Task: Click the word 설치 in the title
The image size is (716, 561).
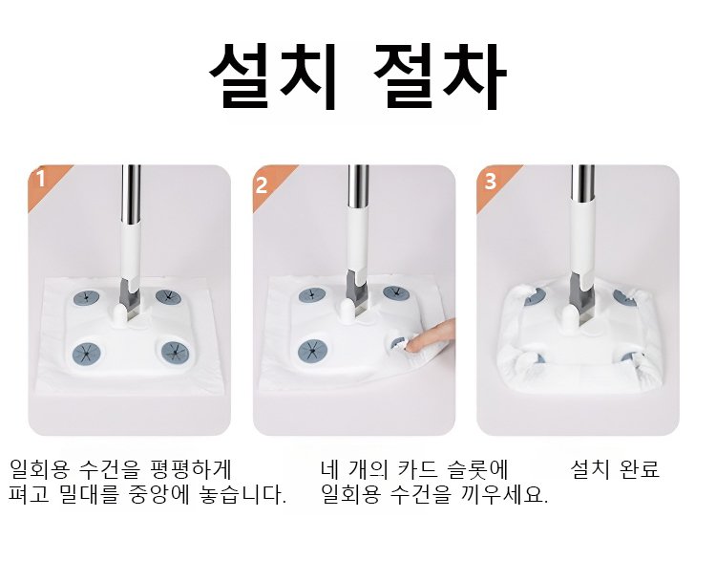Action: (274, 76)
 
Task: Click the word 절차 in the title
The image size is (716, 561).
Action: (439, 76)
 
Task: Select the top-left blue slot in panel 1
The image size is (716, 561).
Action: (87, 298)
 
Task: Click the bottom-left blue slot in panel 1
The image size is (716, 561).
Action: (86, 353)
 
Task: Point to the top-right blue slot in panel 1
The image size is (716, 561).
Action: (168, 296)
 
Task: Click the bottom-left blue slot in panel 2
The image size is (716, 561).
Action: (312, 351)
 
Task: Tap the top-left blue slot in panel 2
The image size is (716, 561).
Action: (312, 295)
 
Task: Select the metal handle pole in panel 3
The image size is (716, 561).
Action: (582, 183)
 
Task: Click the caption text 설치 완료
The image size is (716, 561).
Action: (615, 469)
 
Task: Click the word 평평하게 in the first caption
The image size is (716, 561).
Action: (190, 469)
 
